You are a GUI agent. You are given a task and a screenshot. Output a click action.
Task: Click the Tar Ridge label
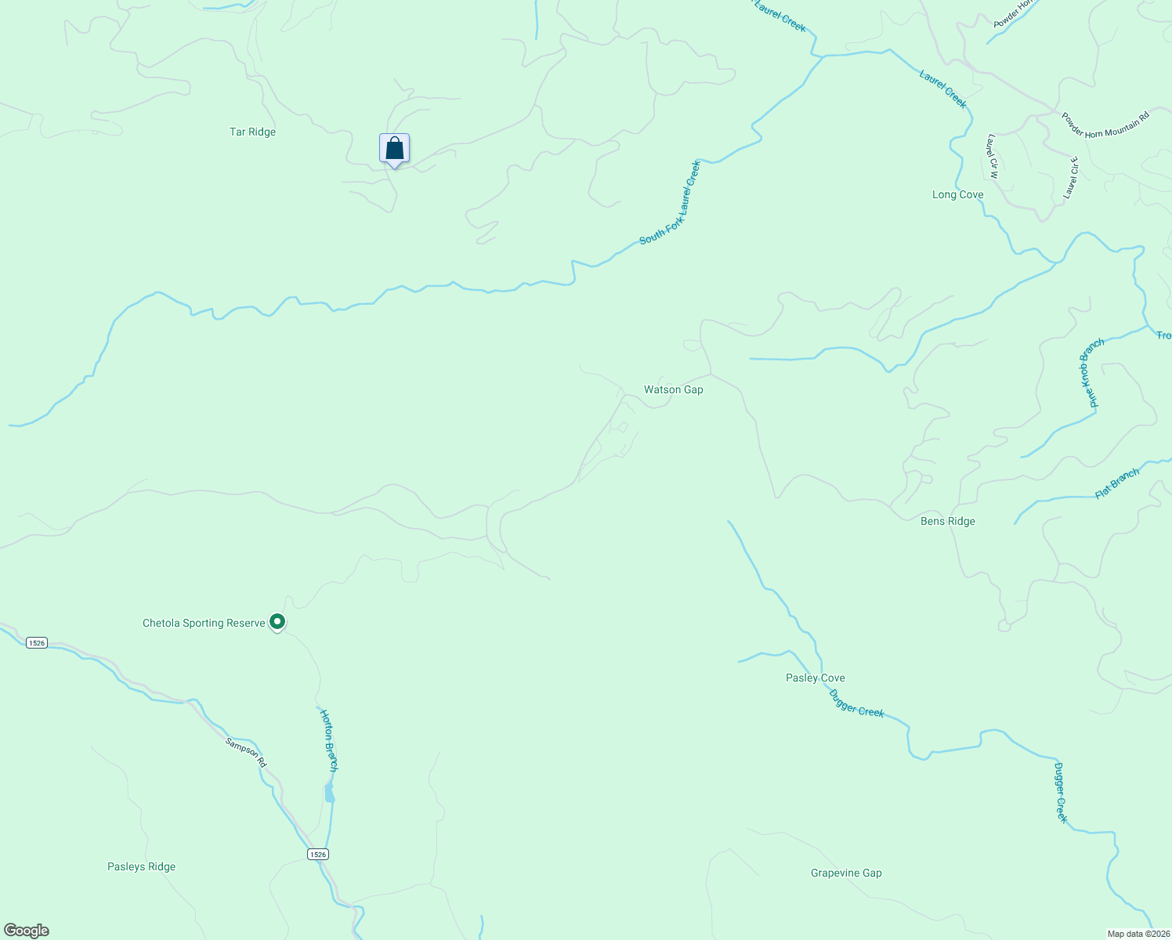[x=252, y=132]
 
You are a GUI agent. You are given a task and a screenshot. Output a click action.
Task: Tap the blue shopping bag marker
[x=394, y=149]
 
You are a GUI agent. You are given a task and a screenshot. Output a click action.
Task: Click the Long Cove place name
[x=957, y=195]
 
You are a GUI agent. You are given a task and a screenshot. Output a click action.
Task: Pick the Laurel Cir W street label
[x=993, y=157]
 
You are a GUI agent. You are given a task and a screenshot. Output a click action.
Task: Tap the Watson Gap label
[x=673, y=389]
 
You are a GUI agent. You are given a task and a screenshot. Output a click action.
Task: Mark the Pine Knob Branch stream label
[x=1091, y=373]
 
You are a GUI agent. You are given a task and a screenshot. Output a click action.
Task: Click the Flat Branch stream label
[x=1117, y=483]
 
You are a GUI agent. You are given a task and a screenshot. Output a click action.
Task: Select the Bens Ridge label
[x=947, y=522]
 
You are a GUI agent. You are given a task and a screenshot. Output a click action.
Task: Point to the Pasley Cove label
[x=815, y=678]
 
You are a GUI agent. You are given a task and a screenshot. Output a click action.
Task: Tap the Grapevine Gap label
[x=846, y=873]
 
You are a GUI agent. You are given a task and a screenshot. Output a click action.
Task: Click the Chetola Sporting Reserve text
[x=204, y=624]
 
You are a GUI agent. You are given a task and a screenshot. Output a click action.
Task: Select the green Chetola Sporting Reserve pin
[x=277, y=622]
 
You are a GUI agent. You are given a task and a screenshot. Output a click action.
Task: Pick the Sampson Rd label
[x=246, y=753]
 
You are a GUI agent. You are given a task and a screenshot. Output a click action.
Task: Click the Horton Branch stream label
[x=329, y=741]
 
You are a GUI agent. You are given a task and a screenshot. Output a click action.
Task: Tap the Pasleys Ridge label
[x=141, y=867]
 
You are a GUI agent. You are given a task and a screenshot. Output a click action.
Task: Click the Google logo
[x=27, y=931]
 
